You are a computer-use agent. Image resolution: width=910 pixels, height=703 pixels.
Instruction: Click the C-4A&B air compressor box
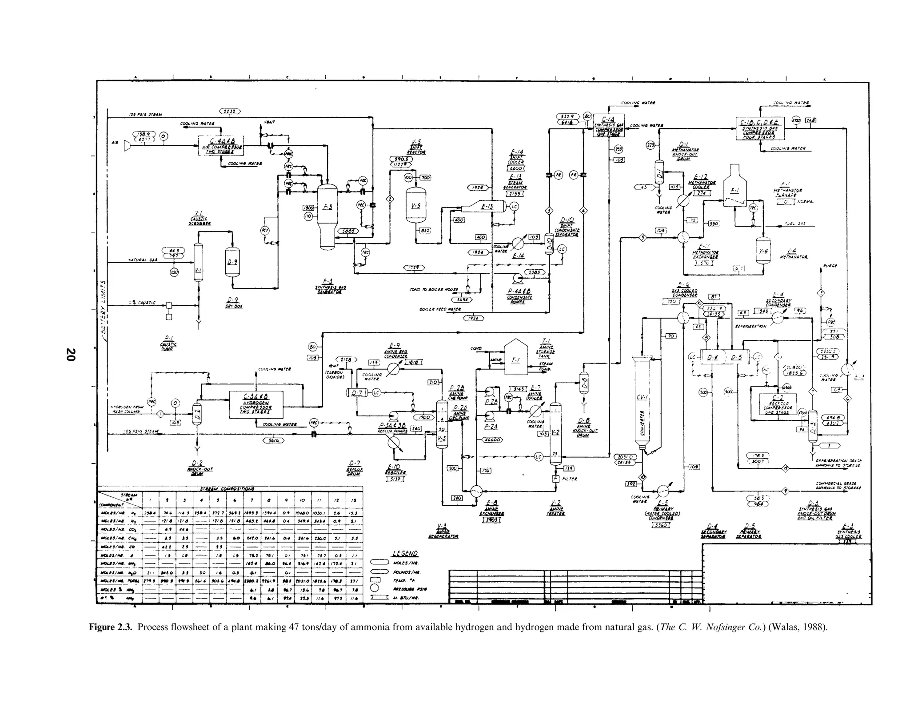[x=220, y=145]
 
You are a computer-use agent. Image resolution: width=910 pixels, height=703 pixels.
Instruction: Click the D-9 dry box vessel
[x=232, y=262]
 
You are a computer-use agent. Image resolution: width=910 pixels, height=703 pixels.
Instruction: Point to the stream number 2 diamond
[x=390, y=199]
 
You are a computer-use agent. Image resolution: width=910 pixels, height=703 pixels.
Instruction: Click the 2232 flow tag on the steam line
[x=230, y=111]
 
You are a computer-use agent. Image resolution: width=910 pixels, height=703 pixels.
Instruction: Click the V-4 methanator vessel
[x=763, y=251]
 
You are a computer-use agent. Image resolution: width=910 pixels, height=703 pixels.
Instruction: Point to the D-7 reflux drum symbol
[x=357, y=392]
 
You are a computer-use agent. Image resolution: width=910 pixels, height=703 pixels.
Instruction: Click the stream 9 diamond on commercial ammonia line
[x=786, y=491]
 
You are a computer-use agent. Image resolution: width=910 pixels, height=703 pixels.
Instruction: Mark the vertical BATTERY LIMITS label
[x=103, y=307]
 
